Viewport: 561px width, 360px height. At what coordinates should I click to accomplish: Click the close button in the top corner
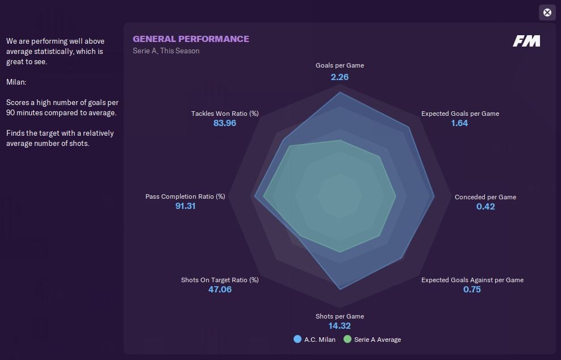click(547, 12)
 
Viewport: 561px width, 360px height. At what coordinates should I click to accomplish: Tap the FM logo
click(526, 41)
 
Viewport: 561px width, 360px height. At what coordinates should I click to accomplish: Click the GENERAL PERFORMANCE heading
click(191, 39)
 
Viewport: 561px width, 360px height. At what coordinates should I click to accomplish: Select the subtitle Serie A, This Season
click(166, 51)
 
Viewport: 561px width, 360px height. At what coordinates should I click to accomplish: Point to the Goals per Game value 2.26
click(340, 77)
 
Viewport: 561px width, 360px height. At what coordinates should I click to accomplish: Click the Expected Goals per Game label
click(460, 114)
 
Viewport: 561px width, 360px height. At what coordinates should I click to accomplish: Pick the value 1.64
click(459, 123)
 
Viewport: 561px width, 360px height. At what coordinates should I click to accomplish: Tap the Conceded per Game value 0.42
click(485, 207)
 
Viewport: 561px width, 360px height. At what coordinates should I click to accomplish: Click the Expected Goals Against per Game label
click(472, 280)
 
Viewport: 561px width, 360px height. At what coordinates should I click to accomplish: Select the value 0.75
click(472, 290)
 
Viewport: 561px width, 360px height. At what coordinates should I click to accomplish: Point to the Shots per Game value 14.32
click(340, 326)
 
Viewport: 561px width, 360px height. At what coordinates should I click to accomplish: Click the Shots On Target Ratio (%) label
click(220, 280)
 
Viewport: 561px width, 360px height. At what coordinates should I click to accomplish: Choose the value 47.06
click(220, 290)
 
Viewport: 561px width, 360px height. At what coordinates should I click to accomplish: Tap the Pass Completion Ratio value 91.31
click(185, 206)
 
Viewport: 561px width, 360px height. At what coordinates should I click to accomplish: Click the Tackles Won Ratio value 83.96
click(225, 123)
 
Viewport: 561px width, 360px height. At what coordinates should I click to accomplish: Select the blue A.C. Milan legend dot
click(297, 340)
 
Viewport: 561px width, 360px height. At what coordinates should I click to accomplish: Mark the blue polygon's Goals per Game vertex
click(340, 93)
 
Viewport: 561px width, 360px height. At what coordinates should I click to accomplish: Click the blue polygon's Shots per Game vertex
click(340, 290)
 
